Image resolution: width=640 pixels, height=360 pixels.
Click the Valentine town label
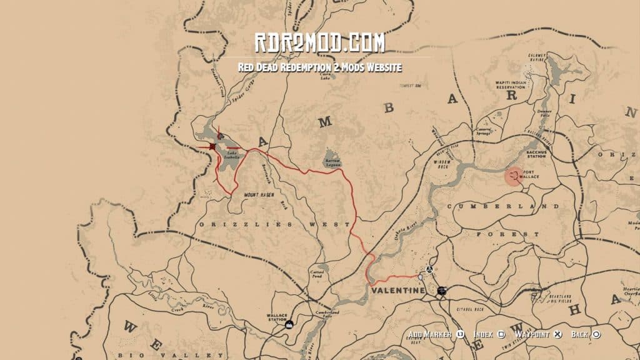click(397, 291)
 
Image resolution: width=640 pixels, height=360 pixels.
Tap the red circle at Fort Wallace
click(514, 176)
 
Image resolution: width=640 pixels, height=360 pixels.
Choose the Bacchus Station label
click(536, 154)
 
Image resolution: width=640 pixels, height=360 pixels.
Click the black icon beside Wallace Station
click(289, 324)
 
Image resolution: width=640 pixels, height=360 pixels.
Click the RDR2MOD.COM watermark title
click(319, 44)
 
